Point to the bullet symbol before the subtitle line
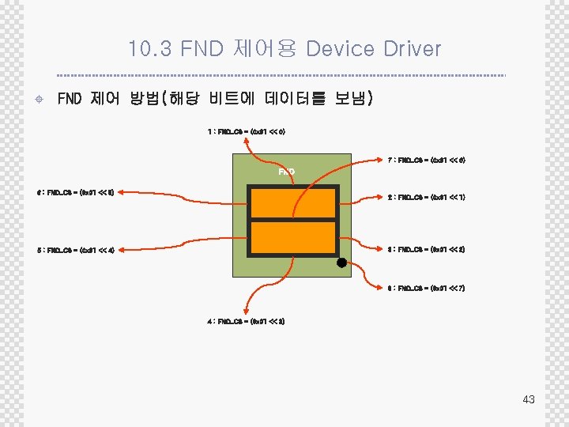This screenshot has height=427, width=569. (x=39, y=100)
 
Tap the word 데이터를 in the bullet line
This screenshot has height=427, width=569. (x=296, y=99)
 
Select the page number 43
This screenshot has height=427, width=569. (x=529, y=399)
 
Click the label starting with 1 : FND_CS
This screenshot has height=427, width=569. (x=240, y=131)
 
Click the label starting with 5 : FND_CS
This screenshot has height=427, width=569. (x=81, y=251)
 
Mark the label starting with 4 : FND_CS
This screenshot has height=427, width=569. (x=245, y=321)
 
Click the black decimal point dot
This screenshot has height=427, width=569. (x=341, y=263)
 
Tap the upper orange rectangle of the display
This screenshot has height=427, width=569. (x=293, y=202)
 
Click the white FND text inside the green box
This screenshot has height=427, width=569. (x=287, y=172)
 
